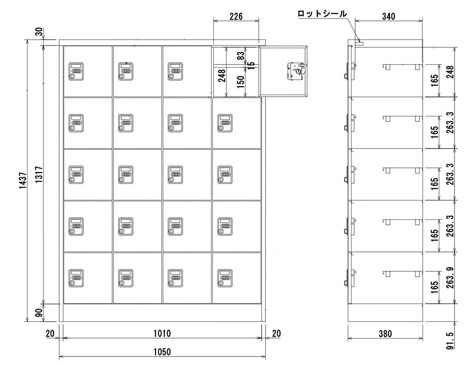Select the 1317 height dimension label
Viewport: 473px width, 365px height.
[x=39, y=176]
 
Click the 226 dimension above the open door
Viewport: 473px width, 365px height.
[x=236, y=17]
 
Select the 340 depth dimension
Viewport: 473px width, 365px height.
[x=388, y=17]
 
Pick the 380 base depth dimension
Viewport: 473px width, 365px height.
[x=385, y=334]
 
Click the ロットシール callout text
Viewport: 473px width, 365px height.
[x=322, y=14]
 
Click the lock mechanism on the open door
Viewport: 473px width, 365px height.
[x=295, y=72]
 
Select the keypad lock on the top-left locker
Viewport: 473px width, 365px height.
[x=76, y=71]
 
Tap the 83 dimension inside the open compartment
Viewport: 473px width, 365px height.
[x=241, y=56]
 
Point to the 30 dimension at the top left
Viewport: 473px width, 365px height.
[x=39, y=32]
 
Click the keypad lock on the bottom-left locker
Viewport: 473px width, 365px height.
[x=76, y=278]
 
